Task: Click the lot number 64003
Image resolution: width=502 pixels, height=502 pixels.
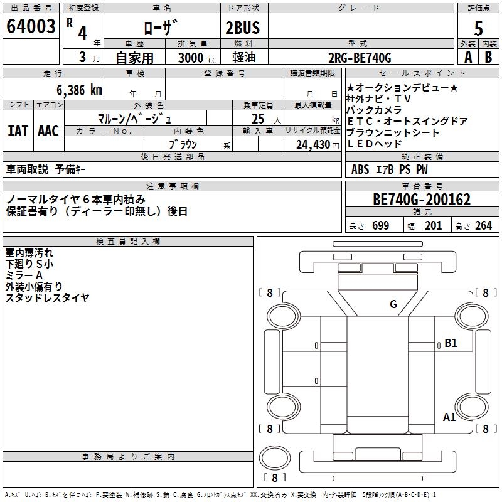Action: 31,27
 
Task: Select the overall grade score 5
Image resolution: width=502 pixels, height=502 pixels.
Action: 479,29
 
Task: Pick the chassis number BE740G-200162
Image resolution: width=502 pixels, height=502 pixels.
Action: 422,200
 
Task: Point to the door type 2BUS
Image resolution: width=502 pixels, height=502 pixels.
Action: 242,28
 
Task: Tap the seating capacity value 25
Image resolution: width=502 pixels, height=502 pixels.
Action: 257,118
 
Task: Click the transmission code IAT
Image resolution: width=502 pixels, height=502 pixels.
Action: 18,131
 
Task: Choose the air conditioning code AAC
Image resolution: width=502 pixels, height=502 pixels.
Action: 48,131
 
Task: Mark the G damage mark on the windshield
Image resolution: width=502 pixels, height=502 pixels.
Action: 393,304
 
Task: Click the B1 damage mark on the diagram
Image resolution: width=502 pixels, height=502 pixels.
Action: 451,343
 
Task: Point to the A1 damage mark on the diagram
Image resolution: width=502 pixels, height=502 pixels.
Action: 449,417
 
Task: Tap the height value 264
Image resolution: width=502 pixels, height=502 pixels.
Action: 483,226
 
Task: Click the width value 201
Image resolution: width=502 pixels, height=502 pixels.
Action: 433,226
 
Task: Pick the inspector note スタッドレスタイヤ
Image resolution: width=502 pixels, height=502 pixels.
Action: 47,298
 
